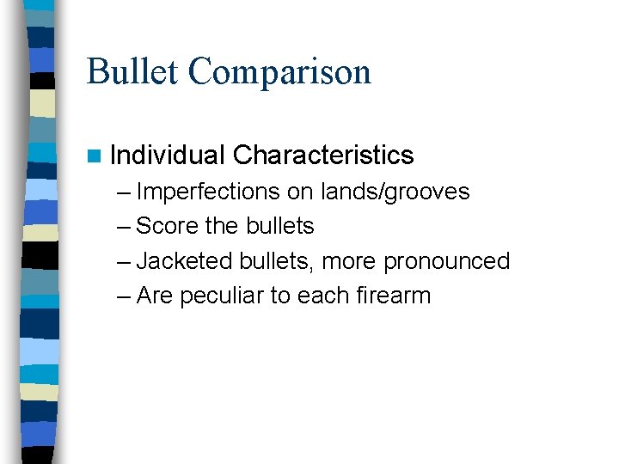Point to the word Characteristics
[323, 156]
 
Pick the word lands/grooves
[395, 192]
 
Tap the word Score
[168, 226]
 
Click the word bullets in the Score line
[280, 226]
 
